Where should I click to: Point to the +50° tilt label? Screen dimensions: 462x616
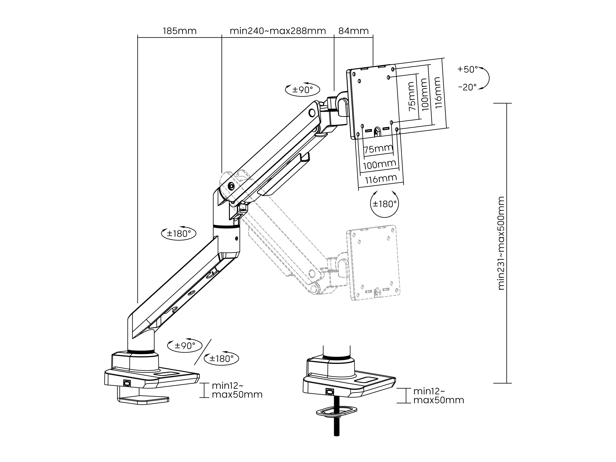tap(467, 69)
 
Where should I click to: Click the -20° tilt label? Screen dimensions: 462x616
tap(468, 87)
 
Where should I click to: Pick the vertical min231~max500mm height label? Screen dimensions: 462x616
tap(501, 243)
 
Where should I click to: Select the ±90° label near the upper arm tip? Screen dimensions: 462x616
tap(303, 90)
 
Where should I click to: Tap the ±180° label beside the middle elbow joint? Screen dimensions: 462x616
tap(179, 233)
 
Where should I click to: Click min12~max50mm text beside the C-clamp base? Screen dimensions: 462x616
tap(237, 390)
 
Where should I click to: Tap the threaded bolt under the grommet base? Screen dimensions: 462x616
tap(337, 426)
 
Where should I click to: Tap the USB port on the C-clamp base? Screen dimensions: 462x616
tap(127, 383)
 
